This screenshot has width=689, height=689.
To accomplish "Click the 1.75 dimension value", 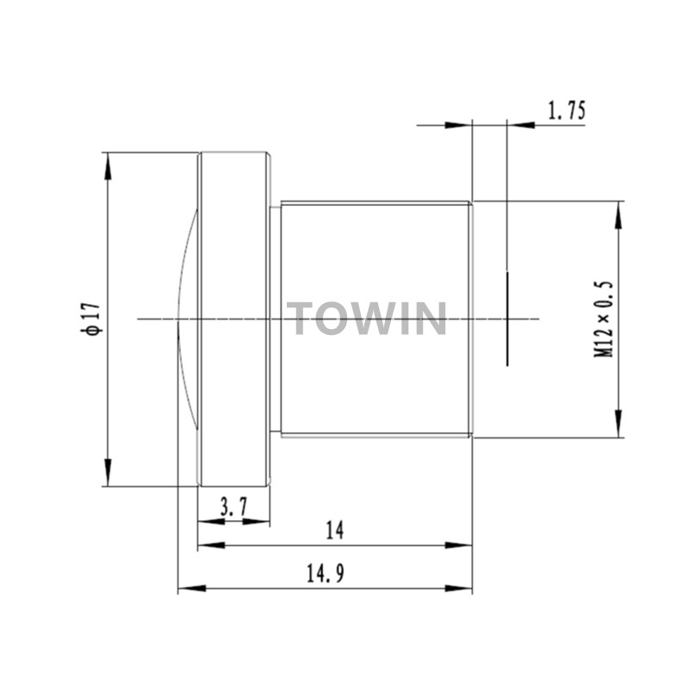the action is coord(567,110).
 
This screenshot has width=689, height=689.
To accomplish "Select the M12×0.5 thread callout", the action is coord(604,319).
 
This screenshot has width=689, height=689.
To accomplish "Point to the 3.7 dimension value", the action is coord(233,508).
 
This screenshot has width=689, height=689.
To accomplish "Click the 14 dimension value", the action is coord(335,531).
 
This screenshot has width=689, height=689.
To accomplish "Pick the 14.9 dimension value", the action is coord(326,574).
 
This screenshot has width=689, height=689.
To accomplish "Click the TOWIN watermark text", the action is coord(367,318).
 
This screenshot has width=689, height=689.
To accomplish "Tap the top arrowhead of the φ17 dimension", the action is coord(108,166).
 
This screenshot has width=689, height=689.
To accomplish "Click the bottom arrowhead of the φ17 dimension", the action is coord(108,472).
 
